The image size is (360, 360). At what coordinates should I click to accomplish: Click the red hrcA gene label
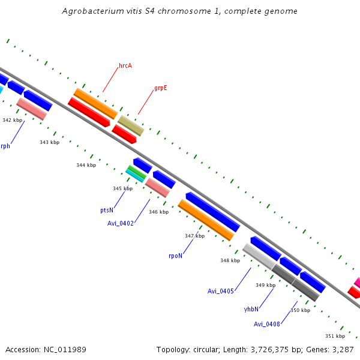[x=125, y=65]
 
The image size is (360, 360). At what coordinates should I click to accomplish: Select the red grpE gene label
[x=160, y=88]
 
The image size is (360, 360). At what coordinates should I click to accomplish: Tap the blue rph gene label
[x=5, y=146]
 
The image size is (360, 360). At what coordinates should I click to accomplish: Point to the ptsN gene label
[x=107, y=211]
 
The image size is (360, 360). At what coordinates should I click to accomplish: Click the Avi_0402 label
[x=121, y=223]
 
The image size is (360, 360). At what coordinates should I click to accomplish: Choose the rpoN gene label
[x=175, y=256]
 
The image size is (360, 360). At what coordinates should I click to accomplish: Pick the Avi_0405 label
[x=220, y=291]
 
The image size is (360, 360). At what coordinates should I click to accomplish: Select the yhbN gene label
[x=251, y=309]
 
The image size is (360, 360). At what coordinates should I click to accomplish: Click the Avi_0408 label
[x=267, y=324]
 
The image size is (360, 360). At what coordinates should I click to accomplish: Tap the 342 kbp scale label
[x=12, y=120]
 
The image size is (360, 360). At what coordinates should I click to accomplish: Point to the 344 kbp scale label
[x=86, y=165]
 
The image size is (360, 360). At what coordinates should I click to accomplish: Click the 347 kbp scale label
[x=194, y=236]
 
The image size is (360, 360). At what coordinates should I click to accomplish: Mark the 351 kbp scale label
[x=335, y=336]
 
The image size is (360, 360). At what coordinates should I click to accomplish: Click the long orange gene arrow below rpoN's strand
[x=206, y=220]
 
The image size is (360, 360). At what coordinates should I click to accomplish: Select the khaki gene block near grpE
[x=131, y=125]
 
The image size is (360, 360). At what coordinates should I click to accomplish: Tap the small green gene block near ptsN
[x=137, y=172]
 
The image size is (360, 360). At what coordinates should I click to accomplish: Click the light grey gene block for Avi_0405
[x=259, y=256]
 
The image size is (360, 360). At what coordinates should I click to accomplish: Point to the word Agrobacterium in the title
[x=91, y=11]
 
